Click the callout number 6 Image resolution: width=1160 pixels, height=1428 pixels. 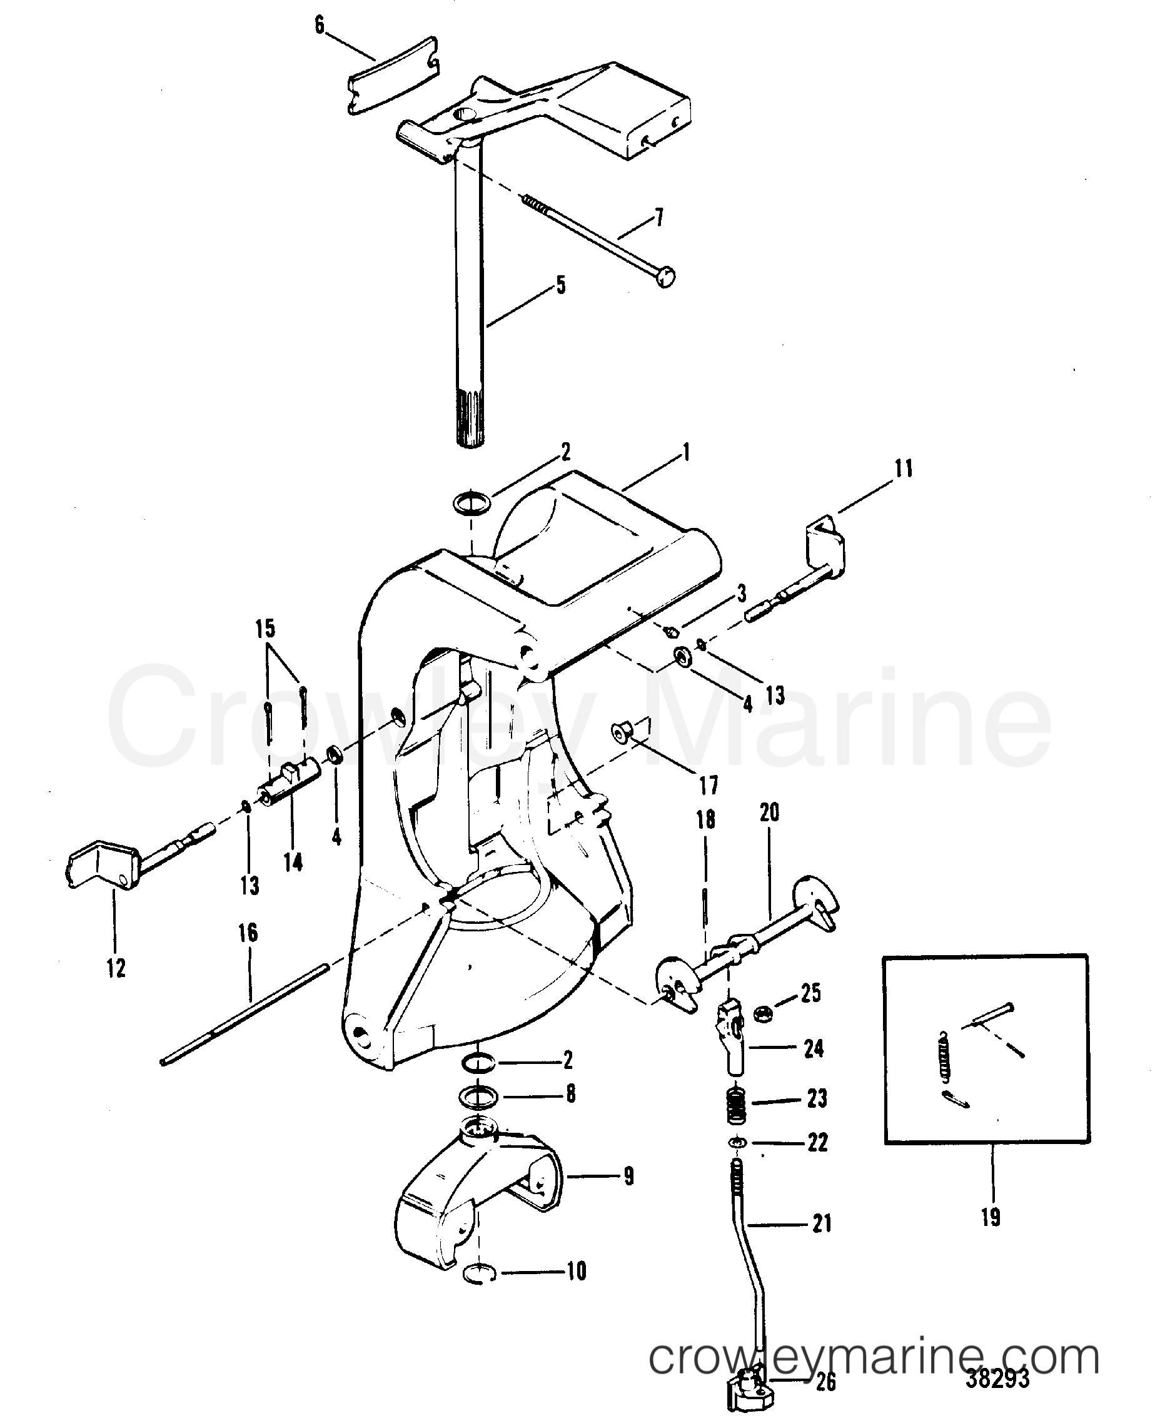[320, 26]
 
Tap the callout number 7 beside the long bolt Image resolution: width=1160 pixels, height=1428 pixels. [659, 216]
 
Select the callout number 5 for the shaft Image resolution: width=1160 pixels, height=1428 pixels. [560, 285]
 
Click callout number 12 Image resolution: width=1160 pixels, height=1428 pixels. [116, 968]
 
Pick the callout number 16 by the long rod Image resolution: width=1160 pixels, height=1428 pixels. [248, 933]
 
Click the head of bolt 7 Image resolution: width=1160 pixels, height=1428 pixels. [665, 275]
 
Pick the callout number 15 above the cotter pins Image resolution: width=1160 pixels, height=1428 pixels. [265, 629]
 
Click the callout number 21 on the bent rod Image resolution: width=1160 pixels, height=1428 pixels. [821, 1223]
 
